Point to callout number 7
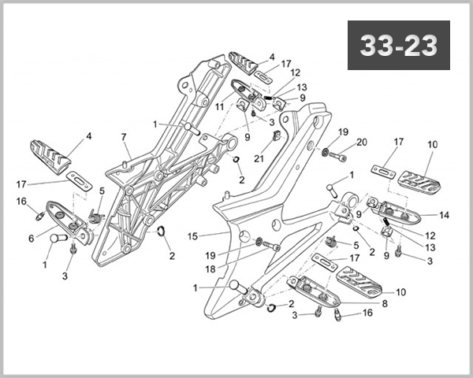point(124,137)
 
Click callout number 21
point(258,158)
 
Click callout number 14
point(444,214)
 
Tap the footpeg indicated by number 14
point(392,209)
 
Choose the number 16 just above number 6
point(21,201)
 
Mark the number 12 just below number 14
point(430,235)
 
